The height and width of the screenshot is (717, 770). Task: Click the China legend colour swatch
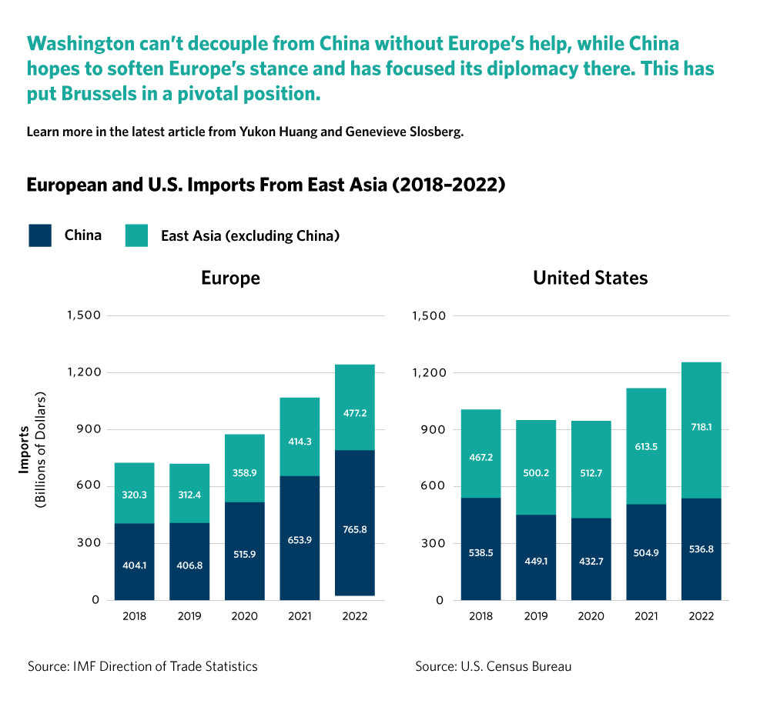point(40,235)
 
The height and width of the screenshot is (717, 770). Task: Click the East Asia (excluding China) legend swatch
point(136,235)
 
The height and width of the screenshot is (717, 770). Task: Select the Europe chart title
point(230,278)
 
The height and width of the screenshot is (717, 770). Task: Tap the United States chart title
point(590,278)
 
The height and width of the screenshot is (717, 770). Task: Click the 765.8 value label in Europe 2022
point(355,530)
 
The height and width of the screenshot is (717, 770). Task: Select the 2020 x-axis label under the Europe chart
point(245,617)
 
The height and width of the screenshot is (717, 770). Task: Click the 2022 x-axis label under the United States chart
point(701,617)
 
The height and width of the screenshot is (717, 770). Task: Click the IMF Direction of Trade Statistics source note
point(142,666)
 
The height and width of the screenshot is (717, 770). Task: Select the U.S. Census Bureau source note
point(493,666)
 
